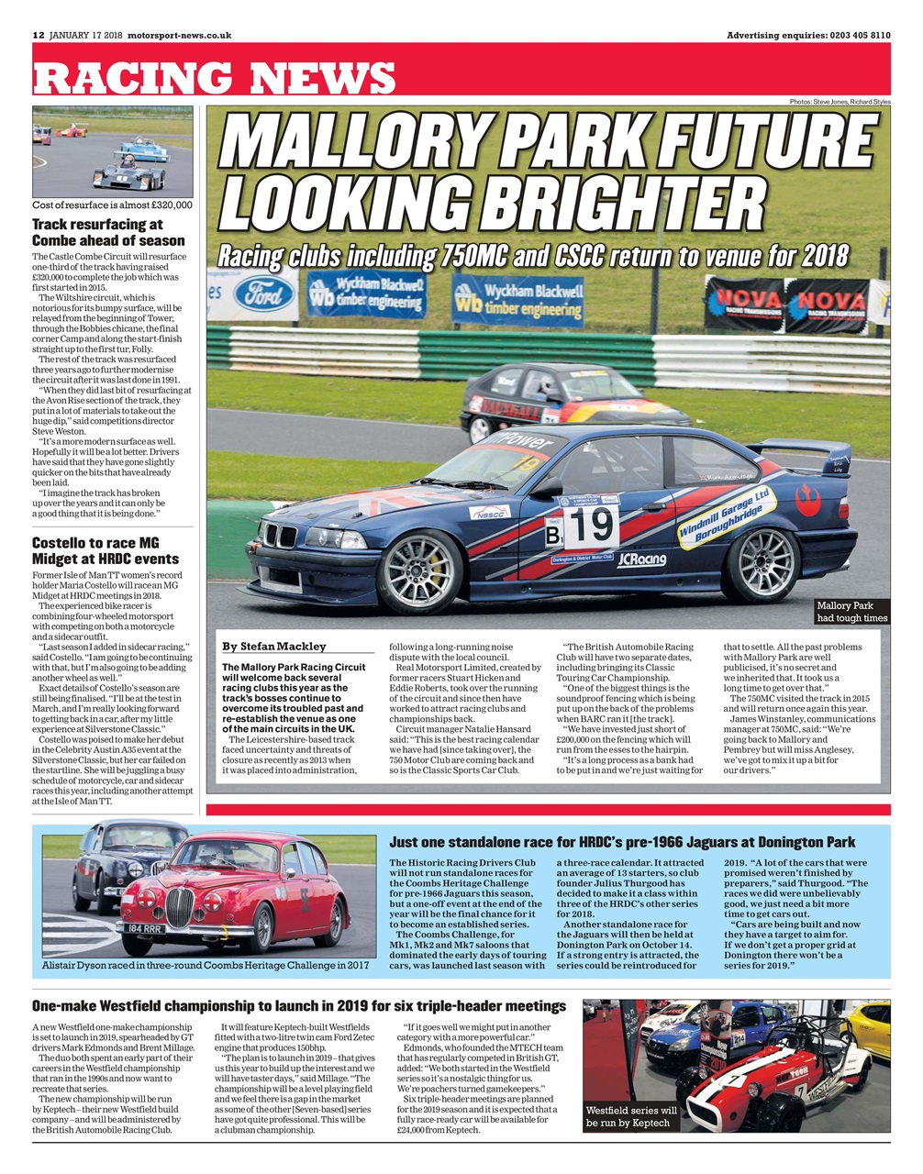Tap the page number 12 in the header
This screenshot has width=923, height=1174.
pos(39,36)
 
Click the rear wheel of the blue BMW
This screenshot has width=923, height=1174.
pos(761,563)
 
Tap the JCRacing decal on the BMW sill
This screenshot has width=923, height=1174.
pos(641,558)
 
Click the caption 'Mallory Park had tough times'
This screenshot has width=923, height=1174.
pos(851,612)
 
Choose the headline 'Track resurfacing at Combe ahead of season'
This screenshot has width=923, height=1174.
pos(108,232)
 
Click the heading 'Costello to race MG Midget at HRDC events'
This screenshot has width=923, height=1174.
pos(106,551)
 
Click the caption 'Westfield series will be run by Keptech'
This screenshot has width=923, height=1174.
pos(631,1116)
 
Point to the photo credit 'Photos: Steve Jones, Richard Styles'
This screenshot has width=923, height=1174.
pos(839,101)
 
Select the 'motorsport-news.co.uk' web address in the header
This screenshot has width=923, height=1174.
pos(180,36)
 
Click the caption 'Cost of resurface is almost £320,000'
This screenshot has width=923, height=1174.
pos(112,205)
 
